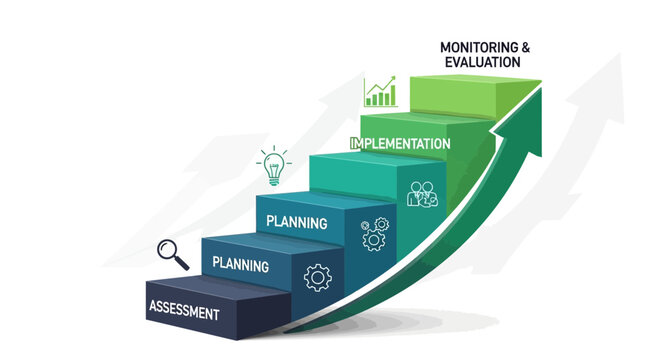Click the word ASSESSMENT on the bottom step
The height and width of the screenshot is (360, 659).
click(183, 312)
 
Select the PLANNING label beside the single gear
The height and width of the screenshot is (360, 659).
click(241, 266)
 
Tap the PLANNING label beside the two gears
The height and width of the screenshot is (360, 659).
click(298, 220)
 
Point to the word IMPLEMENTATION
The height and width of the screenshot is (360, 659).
click(400, 144)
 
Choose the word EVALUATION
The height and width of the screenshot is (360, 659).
click(481, 62)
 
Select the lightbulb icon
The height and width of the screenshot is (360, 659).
click(272, 166)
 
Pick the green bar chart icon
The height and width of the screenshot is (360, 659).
click(379, 93)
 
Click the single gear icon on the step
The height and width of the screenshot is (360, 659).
click(317, 276)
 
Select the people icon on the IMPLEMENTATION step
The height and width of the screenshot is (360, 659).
click(422, 193)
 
